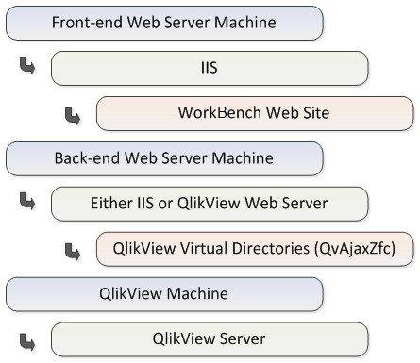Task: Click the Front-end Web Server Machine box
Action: point(164,23)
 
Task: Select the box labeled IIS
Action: point(209,68)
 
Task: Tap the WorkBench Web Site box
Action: point(255,113)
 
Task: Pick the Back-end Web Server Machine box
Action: point(164,158)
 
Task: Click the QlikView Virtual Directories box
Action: point(255,249)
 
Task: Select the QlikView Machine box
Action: point(164,294)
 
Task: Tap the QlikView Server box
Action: point(209,338)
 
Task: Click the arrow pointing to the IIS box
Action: point(26,67)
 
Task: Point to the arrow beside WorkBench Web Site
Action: point(72,113)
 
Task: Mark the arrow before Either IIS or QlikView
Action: point(26,203)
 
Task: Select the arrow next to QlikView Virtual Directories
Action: point(72,250)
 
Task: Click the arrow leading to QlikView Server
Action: point(26,338)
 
